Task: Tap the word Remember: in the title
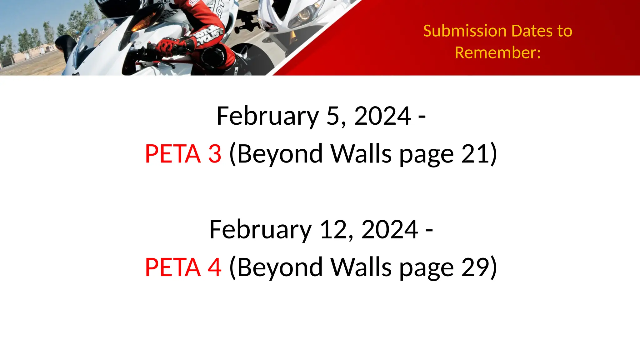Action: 497,52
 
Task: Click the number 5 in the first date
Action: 333,116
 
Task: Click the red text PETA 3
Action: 183,154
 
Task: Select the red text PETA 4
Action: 183,267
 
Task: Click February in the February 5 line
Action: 267,116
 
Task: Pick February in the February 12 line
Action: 260,229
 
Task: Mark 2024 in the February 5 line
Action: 382,116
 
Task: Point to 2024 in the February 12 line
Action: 389,229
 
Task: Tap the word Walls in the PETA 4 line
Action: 361,267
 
